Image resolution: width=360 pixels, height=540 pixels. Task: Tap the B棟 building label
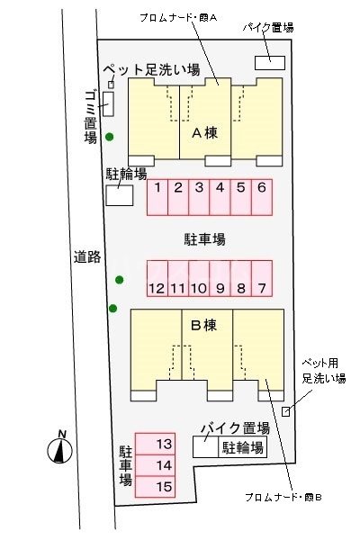[204, 324]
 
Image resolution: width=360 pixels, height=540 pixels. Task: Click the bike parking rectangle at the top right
[270, 61]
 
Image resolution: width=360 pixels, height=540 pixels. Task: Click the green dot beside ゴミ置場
[110, 137]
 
